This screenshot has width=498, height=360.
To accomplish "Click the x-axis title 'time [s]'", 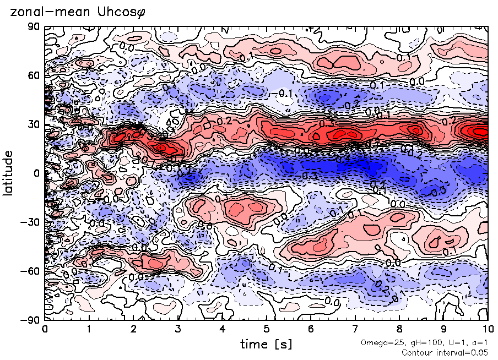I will click(266, 344).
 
